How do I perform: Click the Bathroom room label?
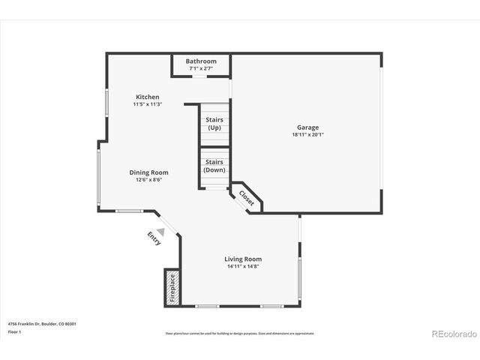[201, 61]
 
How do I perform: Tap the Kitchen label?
[147, 97]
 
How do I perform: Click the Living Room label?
[243, 259]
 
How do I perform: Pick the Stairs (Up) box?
[214, 124]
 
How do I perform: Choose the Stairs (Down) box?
[214, 166]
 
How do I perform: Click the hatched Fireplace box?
[172, 286]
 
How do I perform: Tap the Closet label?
[247, 198]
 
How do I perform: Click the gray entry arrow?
[160, 232]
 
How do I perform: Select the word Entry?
[154, 238]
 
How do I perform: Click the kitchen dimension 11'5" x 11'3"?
[147, 104]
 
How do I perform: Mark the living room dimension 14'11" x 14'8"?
[243, 266]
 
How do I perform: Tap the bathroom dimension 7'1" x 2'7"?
[201, 69]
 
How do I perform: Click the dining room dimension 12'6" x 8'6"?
[148, 180]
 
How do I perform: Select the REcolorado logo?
[451, 333]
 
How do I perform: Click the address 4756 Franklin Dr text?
[42, 324]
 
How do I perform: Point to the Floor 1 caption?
[14, 331]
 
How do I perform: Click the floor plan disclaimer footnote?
[240, 333]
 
